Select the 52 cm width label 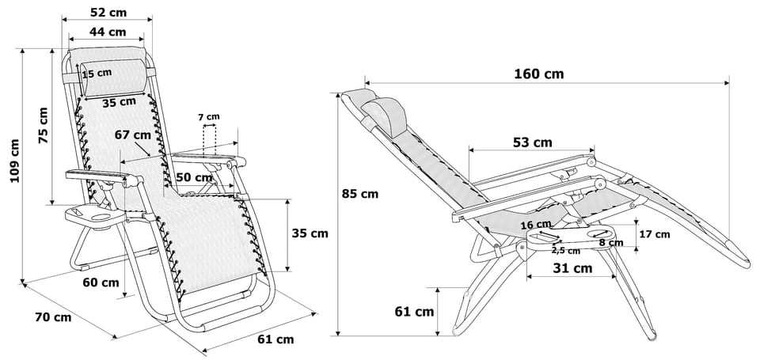(108, 13)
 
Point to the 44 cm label (107, 32)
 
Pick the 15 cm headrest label (97, 73)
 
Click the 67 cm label (132, 135)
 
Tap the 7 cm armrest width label (209, 117)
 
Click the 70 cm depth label (53, 317)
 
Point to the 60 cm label (101, 282)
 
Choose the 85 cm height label (359, 193)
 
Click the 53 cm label (532, 142)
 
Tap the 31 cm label (572, 268)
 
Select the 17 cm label (654, 233)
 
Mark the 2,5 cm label (565, 251)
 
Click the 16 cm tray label (536, 225)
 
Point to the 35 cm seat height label (308, 233)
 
